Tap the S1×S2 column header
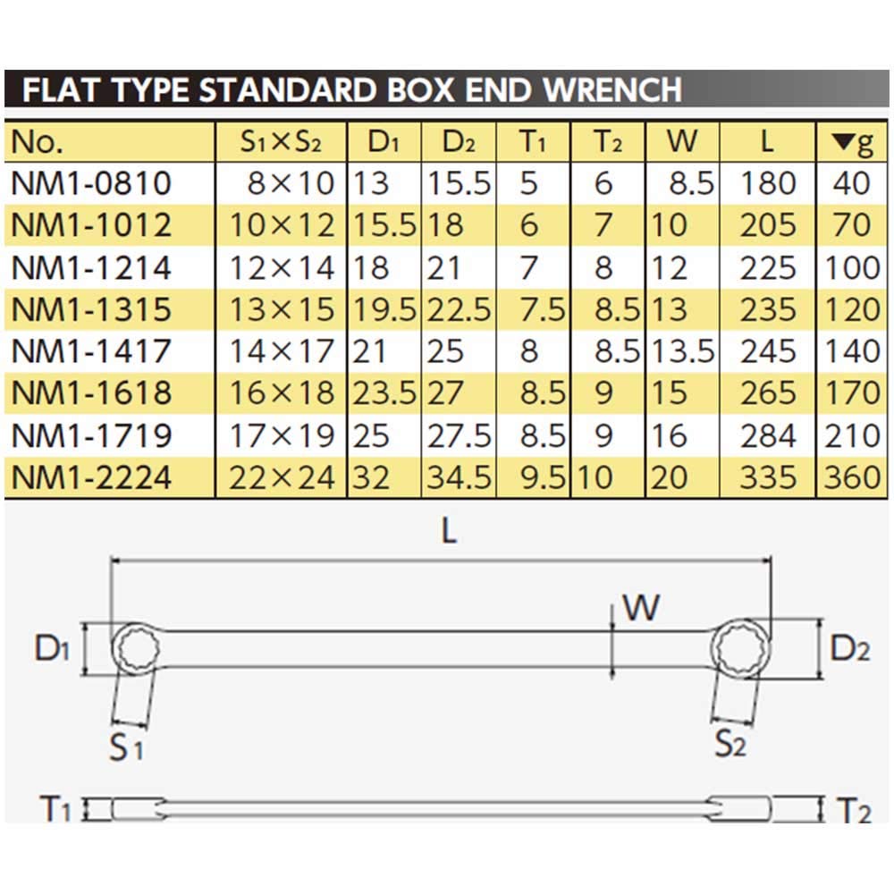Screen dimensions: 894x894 tap(279, 142)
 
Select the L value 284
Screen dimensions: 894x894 tap(768, 436)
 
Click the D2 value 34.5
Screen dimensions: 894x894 tap(459, 478)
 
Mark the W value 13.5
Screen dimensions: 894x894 tap(682, 352)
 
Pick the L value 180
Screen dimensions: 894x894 tap(768, 184)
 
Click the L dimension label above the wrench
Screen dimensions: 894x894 tap(449, 532)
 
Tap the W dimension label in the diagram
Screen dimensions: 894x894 tap(641, 608)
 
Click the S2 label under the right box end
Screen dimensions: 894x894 tap(730, 744)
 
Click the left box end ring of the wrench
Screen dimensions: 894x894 tap(139, 648)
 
